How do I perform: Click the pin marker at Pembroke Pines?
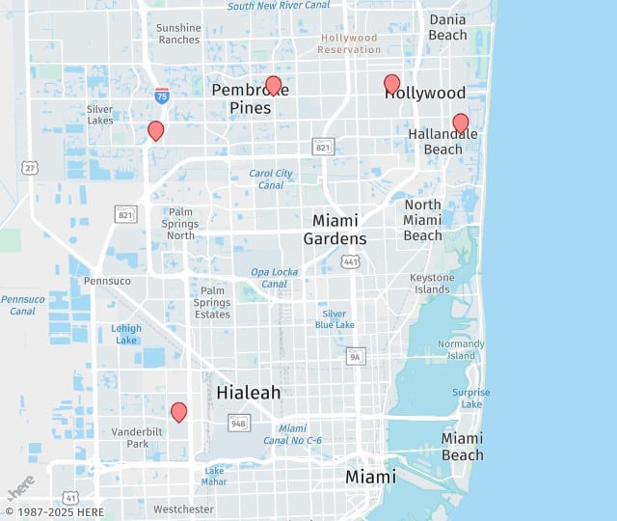[x=273, y=86]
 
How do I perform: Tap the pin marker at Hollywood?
[x=391, y=84]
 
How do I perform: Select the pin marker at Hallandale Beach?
[x=461, y=123]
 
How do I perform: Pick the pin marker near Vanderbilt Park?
[x=178, y=412]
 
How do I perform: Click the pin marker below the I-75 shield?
[x=155, y=130]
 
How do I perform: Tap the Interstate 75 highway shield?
[x=162, y=95]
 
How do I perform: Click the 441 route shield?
[x=351, y=261]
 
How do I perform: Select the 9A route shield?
[x=356, y=356]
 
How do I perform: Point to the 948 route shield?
[x=239, y=422]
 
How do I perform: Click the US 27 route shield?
[x=30, y=167]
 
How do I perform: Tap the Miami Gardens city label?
[x=335, y=230]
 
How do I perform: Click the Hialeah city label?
[x=249, y=393]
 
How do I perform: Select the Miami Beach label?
[x=462, y=447]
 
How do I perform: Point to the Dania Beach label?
[x=447, y=27]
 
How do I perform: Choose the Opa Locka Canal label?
[x=275, y=278]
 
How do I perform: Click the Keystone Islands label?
[x=431, y=284]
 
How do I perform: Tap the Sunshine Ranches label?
[x=178, y=34]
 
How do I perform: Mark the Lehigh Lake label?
[x=126, y=334]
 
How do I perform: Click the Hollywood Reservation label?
[x=349, y=43]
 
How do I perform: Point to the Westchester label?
[x=183, y=508]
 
